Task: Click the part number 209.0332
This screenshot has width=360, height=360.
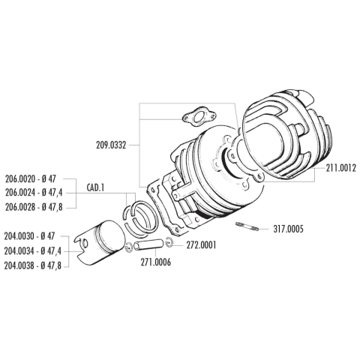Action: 111,145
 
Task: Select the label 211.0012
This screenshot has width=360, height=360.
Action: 340,168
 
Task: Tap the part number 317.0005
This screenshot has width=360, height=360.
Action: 288,229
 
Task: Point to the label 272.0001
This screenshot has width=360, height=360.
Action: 201,245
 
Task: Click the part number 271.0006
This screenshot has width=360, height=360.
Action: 156,262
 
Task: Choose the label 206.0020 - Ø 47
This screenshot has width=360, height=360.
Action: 31,179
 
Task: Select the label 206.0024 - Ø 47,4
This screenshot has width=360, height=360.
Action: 34,193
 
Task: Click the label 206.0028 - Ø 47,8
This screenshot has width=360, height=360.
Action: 34,207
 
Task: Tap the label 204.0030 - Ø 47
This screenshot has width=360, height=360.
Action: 29,236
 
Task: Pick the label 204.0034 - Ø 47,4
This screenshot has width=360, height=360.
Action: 32,251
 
